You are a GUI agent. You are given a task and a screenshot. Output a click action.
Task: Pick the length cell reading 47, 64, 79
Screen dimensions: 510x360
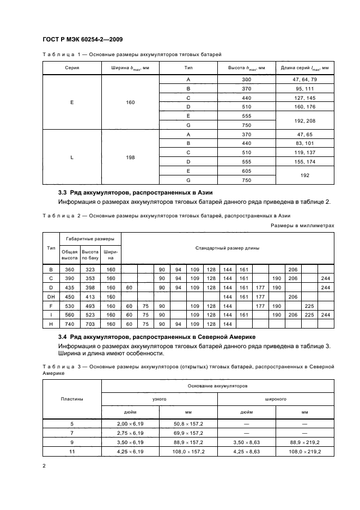coord(304,80)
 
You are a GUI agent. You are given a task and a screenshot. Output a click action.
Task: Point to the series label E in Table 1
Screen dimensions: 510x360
coord(72,102)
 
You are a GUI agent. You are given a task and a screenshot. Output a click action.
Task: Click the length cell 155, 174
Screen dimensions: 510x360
coord(304,162)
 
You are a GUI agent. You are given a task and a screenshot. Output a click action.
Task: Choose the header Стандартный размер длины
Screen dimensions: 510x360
coord(227,248)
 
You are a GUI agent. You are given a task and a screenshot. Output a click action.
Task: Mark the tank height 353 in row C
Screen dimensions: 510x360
coord(90,278)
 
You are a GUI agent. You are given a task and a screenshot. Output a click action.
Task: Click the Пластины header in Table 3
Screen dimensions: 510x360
coord(72,399)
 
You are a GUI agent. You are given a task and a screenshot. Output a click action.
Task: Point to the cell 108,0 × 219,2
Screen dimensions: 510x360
coord(305,452)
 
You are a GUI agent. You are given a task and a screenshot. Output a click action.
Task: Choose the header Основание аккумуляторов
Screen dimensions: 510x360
coord(217,386)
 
